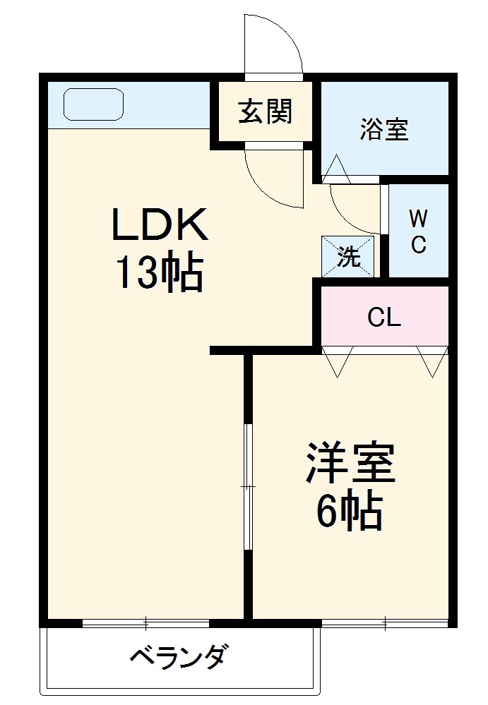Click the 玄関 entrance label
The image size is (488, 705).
[x=265, y=112]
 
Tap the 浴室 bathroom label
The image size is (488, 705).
[x=384, y=129]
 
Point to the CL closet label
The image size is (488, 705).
[x=384, y=318]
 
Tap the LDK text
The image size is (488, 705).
[x=159, y=227]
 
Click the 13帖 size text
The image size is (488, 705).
[x=159, y=273]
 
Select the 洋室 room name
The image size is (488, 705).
[x=350, y=463]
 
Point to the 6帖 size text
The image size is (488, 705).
[x=349, y=511]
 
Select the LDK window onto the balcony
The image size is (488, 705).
[x=145, y=622]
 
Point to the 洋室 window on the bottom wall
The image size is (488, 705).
[x=385, y=622]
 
